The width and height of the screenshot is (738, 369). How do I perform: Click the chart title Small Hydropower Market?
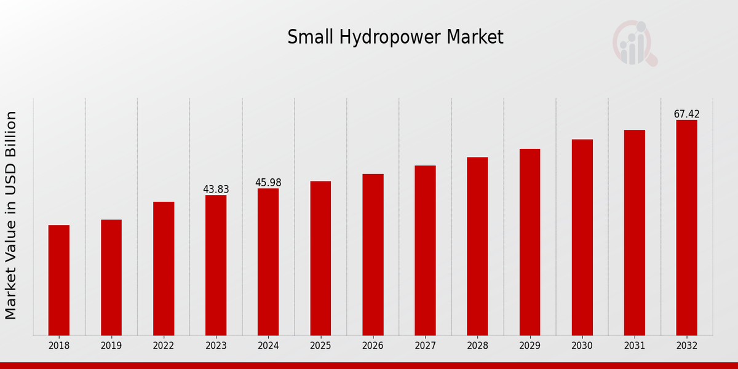[395, 38]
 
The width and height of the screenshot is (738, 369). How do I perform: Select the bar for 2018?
[59, 280]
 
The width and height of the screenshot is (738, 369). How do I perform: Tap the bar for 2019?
[111, 277]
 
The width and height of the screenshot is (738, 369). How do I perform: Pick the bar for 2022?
[164, 268]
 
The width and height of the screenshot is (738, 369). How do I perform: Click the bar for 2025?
[320, 258]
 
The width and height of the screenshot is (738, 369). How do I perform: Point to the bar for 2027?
[425, 250]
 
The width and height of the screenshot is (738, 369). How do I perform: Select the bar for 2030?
[582, 237]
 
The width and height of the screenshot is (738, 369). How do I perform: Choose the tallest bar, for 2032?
[686, 227]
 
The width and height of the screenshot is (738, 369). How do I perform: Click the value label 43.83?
[216, 189]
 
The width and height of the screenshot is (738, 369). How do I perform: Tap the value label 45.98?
[268, 183]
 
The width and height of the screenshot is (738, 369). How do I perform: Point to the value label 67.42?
[686, 114]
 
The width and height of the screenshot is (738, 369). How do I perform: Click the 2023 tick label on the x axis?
[216, 346]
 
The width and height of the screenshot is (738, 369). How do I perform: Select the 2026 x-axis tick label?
[373, 346]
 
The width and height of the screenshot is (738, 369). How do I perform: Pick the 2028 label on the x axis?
[477, 346]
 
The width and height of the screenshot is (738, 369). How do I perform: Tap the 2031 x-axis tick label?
[634, 346]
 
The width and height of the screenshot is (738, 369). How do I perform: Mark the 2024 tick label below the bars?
[268, 346]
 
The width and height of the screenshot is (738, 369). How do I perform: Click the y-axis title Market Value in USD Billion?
[11, 215]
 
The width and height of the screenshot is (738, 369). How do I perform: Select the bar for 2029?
[530, 242]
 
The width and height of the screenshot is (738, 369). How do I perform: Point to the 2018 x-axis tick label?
[59, 346]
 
